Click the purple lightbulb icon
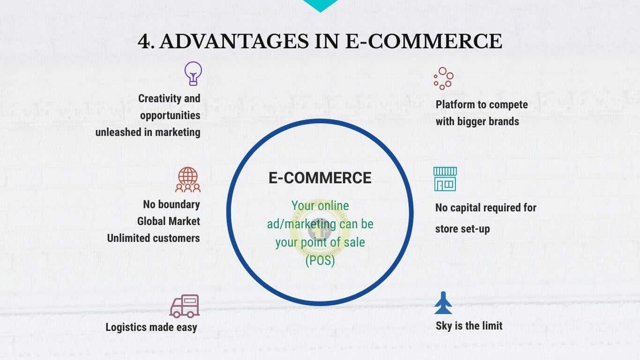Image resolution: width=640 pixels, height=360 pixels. [x=193, y=74]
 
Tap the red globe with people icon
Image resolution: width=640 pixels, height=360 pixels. [x=188, y=179]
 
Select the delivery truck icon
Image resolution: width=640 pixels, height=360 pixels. [x=185, y=306]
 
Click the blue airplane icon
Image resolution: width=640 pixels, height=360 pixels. [x=443, y=303]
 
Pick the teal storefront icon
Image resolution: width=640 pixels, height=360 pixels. [x=445, y=179]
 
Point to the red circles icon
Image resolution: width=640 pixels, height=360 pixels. [x=443, y=78]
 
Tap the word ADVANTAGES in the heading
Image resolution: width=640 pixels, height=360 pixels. [x=234, y=41]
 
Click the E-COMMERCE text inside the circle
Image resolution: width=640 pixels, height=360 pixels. [x=320, y=178]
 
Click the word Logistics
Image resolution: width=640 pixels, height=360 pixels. [x=126, y=327]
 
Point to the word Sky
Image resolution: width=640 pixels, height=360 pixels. [x=444, y=326]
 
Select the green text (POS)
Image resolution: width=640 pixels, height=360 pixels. [x=320, y=261]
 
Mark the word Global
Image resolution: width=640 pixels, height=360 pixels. [x=151, y=221]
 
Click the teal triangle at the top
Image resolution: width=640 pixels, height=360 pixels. [x=320, y=5]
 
